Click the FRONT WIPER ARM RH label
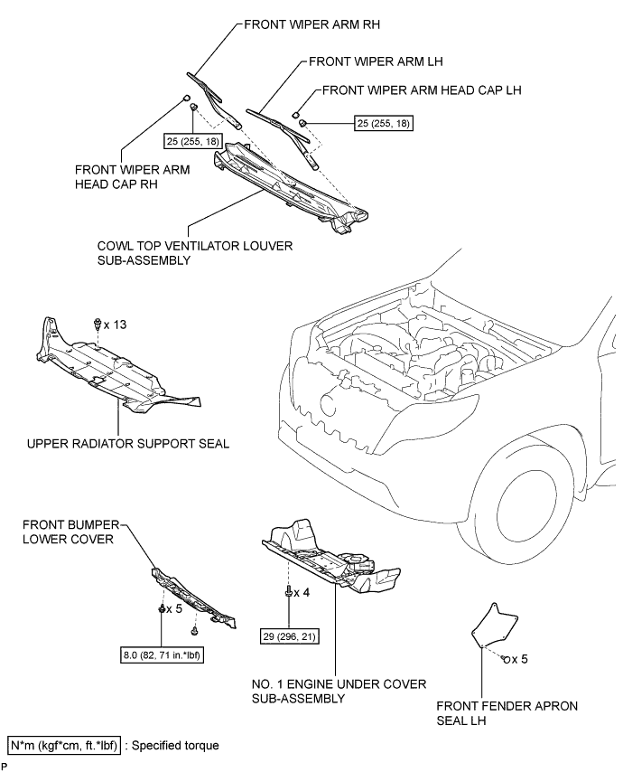click(311, 24)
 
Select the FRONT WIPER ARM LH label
click(376, 61)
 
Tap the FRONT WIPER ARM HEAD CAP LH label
click(422, 90)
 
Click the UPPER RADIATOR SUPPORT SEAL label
click(128, 444)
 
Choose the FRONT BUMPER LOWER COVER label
click(70, 532)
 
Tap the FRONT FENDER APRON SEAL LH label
click(507, 713)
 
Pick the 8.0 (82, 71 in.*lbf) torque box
click(162, 655)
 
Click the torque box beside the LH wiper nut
click(384, 123)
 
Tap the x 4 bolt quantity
click(302, 592)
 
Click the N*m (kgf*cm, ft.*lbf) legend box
click(64, 746)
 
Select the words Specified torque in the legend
click(175, 746)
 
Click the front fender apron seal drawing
click(494, 624)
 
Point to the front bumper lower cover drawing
click(192, 598)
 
